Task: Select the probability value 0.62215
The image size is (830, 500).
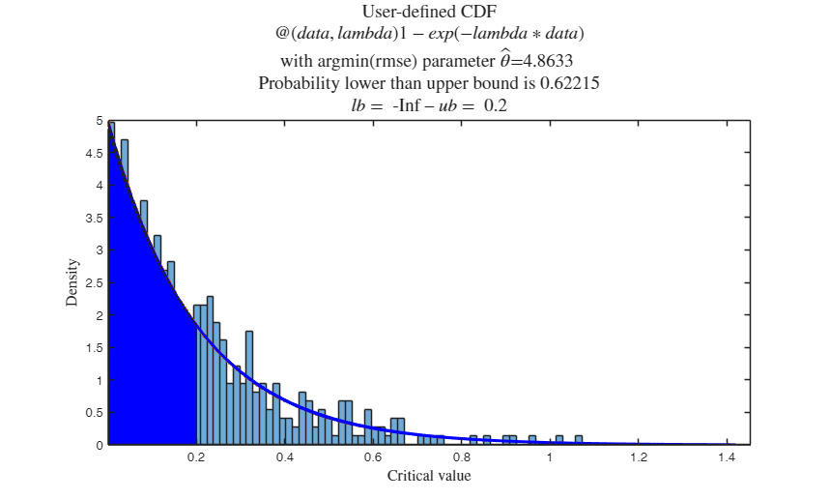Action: [x=571, y=83]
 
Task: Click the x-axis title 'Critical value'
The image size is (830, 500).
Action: [x=429, y=476]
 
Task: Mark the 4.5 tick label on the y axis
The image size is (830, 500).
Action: [x=94, y=153]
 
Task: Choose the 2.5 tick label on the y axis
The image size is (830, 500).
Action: [x=94, y=282]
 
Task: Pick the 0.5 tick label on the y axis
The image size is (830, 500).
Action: [x=94, y=413]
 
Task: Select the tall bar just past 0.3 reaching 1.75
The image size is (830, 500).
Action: [x=249, y=387]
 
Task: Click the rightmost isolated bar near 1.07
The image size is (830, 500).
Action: [x=579, y=441]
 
